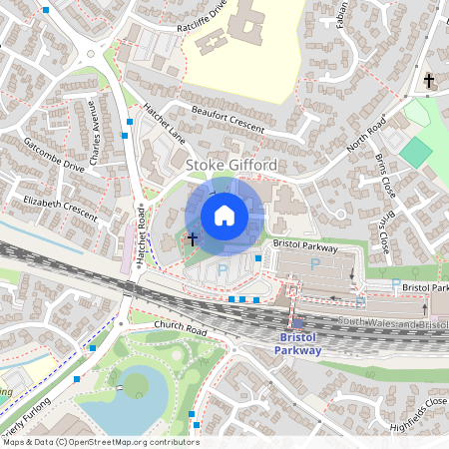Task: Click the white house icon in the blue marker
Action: click(x=224, y=215)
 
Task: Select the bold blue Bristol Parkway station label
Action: click(x=298, y=344)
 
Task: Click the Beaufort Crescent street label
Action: click(x=228, y=118)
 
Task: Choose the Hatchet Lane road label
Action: click(x=165, y=122)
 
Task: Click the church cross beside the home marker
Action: click(x=192, y=239)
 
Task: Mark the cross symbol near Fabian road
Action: click(x=429, y=80)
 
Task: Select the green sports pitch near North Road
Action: click(x=416, y=152)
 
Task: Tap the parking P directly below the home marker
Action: click(x=224, y=269)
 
